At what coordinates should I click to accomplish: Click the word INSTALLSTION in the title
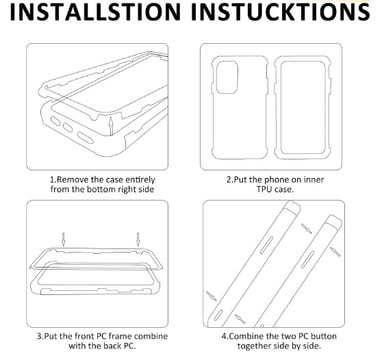95,12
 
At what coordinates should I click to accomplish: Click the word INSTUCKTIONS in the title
281,12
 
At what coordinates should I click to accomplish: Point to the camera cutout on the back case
227,77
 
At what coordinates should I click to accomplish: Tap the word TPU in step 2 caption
264,189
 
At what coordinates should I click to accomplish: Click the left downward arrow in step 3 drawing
63,239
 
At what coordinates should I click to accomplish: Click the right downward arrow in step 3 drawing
138,239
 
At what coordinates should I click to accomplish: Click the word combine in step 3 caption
151,336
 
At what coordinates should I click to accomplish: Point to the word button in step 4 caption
323,336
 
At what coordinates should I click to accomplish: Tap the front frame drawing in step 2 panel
303,109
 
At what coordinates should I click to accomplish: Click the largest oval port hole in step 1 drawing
85,138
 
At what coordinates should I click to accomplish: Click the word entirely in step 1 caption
140,180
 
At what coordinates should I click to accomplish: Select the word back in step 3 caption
111,346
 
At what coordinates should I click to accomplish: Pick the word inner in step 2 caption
314,180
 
